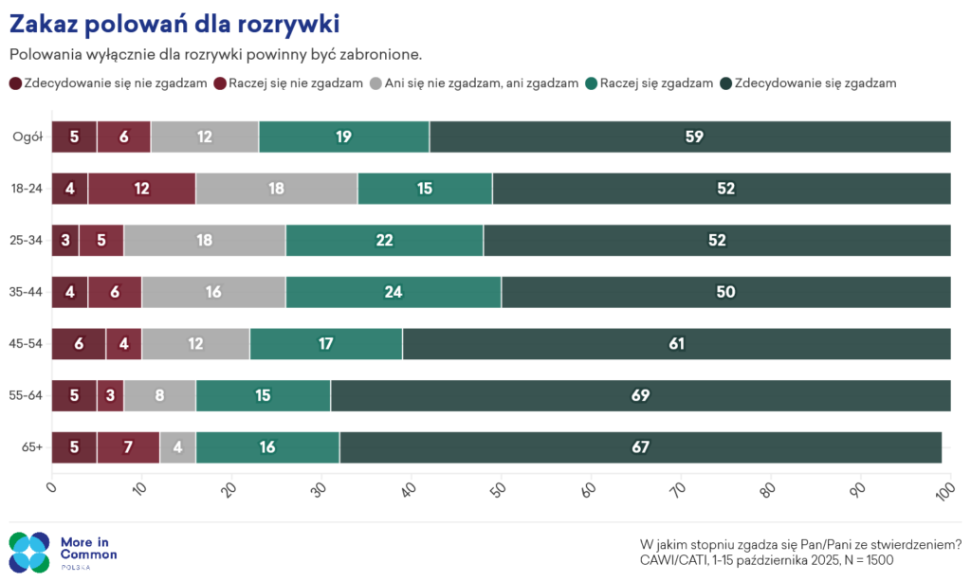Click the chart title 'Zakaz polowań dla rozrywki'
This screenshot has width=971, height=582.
click(174, 24)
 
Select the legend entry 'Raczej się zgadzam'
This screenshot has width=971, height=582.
click(649, 83)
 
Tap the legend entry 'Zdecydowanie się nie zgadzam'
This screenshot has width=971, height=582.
click(108, 83)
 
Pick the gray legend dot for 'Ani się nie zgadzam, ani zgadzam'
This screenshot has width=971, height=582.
click(376, 83)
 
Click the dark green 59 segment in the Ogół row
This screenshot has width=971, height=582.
click(690, 136)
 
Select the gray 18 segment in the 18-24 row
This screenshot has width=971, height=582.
click(277, 189)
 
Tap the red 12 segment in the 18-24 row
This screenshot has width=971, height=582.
click(142, 189)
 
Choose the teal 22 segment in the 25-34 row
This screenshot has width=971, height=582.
click(385, 240)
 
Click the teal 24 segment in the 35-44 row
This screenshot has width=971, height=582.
click(394, 292)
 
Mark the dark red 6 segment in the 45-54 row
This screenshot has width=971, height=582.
click(79, 344)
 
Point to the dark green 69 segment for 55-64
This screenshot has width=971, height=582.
click(640, 395)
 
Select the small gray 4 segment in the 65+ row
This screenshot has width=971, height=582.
click(177, 447)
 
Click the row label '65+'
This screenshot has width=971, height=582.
click(32, 447)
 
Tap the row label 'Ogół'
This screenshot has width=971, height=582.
click(27, 136)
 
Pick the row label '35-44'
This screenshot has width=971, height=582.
click(26, 292)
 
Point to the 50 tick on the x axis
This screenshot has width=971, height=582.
click(497, 490)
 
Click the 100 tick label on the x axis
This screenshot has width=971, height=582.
click(944, 492)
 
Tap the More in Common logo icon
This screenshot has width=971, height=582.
click(29, 552)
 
